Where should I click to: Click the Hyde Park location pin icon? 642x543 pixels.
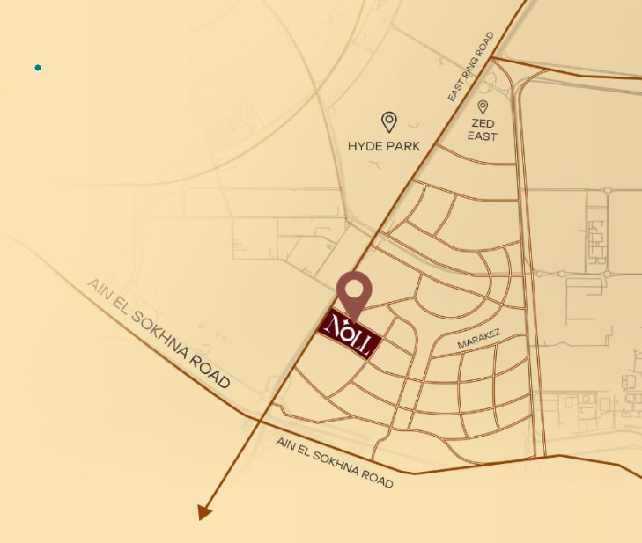388,121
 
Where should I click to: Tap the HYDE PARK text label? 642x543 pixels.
384,146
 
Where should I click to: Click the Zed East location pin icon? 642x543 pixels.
483,107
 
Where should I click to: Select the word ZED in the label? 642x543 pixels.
483,124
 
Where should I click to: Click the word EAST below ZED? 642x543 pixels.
483,136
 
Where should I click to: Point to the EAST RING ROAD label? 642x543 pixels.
471,67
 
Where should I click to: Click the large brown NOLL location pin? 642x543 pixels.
354,291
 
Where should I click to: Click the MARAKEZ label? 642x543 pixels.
479,341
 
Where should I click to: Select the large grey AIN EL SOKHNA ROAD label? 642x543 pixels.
159,334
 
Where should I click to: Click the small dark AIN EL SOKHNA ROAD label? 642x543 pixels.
334,462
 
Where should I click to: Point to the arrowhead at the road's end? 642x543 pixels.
204,511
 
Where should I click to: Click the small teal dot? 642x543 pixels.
38,68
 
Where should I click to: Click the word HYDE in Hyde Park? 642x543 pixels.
365,146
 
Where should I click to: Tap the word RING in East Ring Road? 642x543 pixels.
471,67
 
